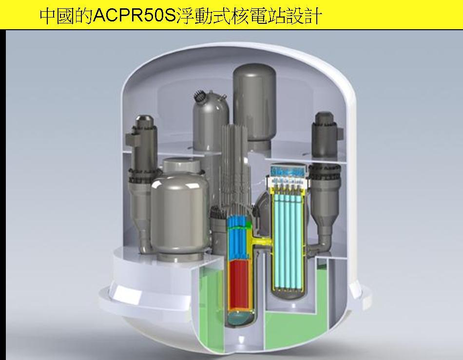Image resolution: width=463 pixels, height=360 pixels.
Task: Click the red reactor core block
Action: (x=240, y=284)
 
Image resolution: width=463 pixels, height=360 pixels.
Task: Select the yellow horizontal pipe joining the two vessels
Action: (x=262, y=242)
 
